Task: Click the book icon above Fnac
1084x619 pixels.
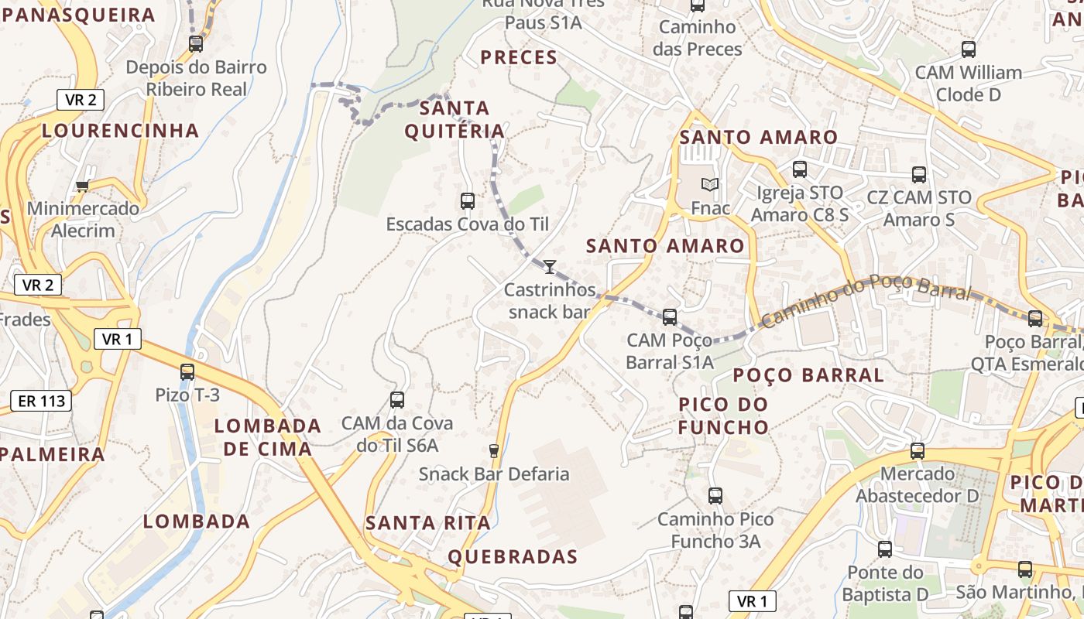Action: pyautogui.click(x=710, y=184)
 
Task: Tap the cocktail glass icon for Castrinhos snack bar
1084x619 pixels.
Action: pyautogui.click(x=550, y=267)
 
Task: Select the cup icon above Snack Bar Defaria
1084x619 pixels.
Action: pyautogui.click(x=494, y=450)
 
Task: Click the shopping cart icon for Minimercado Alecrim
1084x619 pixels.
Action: pyautogui.click(x=82, y=186)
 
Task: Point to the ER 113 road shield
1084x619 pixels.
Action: pyautogui.click(x=41, y=401)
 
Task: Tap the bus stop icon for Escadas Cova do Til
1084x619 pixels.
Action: pyautogui.click(x=468, y=201)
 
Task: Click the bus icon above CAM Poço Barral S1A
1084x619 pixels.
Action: pyautogui.click(x=670, y=316)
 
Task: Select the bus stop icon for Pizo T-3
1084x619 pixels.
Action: pyautogui.click(x=187, y=371)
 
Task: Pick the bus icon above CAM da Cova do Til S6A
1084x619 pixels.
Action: pyautogui.click(x=397, y=400)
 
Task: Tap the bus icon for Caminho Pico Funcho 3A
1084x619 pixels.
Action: pyautogui.click(x=715, y=496)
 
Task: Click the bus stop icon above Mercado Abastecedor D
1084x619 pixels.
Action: pyautogui.click(x=918, y=450)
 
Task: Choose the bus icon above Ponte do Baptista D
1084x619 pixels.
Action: pyautogui.click(x=885, y=549)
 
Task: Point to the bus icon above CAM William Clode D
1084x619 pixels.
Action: pyautogui.click(x=969, y=50)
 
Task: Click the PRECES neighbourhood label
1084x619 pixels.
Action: pyautogui.click(x=519, y=57)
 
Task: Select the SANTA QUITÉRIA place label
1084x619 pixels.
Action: pyautogui.click(x=455, y=119)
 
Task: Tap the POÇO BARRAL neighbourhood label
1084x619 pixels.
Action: pyautogui.click(x=808, y=375)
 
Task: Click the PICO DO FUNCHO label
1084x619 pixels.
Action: pyautogui.click(x=724, y=416)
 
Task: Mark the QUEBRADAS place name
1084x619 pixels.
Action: pyautogui.click(x=513, y=556)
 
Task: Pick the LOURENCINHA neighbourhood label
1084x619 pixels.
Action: pyautogui.click(x=121, y=130)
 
